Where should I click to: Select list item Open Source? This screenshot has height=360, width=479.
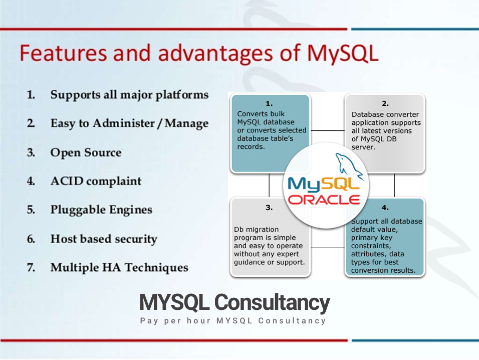click(x=86, y=152)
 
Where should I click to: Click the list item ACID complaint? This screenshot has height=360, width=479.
click(x=96, y=181)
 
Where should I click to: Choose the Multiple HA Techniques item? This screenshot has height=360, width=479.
click(x=119, y=267)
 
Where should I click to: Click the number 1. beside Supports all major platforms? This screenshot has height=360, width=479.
click(x=31, y=94)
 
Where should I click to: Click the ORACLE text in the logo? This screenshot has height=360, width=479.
click(x=324, y=200)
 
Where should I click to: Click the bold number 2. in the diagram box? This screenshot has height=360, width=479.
click(x=385, y=104)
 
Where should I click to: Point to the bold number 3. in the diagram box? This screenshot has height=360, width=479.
click(x=269, y=207)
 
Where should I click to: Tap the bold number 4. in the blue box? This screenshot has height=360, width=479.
click(x=385, y=207)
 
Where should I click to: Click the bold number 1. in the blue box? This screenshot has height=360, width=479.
click(x=269, y=104)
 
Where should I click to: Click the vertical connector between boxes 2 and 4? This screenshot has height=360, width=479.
click(x=394, y=185)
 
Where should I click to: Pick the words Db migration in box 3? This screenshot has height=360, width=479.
click(x=256, y=230)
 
